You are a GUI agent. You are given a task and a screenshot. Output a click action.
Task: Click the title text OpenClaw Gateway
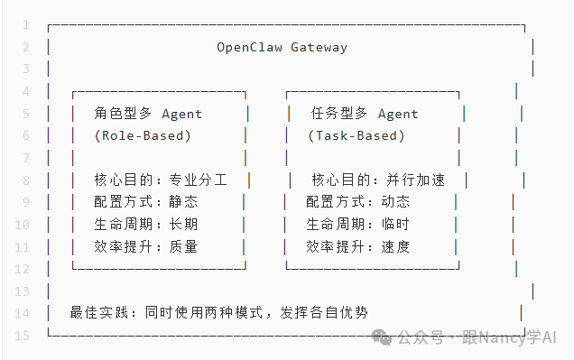(282, 47)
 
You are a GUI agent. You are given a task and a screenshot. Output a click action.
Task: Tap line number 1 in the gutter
(26, 24)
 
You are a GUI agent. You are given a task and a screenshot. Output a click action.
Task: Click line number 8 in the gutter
(26, 180)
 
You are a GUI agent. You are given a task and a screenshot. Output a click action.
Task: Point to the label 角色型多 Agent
(148, 114)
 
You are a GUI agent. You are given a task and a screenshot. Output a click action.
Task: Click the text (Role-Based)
(143, 135)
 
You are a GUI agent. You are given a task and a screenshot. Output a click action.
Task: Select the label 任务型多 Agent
(365, 114)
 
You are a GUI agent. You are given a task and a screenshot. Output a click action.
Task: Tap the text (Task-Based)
(356, 135)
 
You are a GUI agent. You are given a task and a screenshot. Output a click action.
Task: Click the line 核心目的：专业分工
(160, 180)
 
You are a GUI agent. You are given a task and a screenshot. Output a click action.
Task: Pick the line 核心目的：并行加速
(378, 180)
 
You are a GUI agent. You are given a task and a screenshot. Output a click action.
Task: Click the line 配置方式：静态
(144, 202)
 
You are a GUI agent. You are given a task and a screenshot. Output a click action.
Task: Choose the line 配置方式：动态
(357, 202)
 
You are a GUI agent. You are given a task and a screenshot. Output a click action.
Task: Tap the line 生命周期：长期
(144, 224)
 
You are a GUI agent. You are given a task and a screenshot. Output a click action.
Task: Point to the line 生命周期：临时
(357, 224)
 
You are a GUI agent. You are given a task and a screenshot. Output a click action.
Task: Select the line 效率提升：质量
(144, 245)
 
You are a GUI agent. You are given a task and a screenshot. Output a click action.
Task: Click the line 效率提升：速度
(357, 245)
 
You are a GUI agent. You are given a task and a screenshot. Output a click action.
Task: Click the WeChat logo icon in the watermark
(385, 337)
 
